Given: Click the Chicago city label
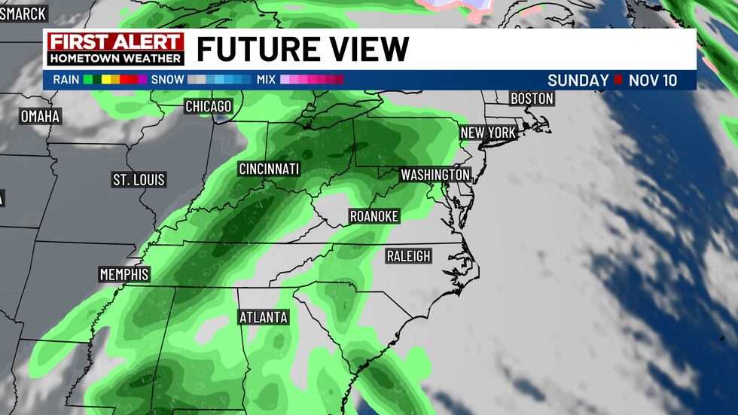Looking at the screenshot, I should coord(209,107).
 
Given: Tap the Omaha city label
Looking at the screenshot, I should coord(40,117).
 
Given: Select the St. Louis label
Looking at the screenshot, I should coord(139,180).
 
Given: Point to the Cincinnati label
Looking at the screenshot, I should coord(269,169).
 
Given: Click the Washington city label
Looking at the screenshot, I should coord(435,175).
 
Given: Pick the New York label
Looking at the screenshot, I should coord(488,133).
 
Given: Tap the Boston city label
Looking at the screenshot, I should coord(532,99).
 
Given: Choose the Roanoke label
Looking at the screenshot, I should coord(374,216).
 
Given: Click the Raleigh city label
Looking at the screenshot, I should coord(408,256).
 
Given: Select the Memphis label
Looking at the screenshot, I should coord(124,274).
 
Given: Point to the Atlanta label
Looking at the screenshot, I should coord(264,317).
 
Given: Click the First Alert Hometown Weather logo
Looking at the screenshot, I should coord(115,49).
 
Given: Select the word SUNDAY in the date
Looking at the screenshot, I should coord(578,81).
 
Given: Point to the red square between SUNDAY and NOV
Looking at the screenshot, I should coord(618,81).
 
